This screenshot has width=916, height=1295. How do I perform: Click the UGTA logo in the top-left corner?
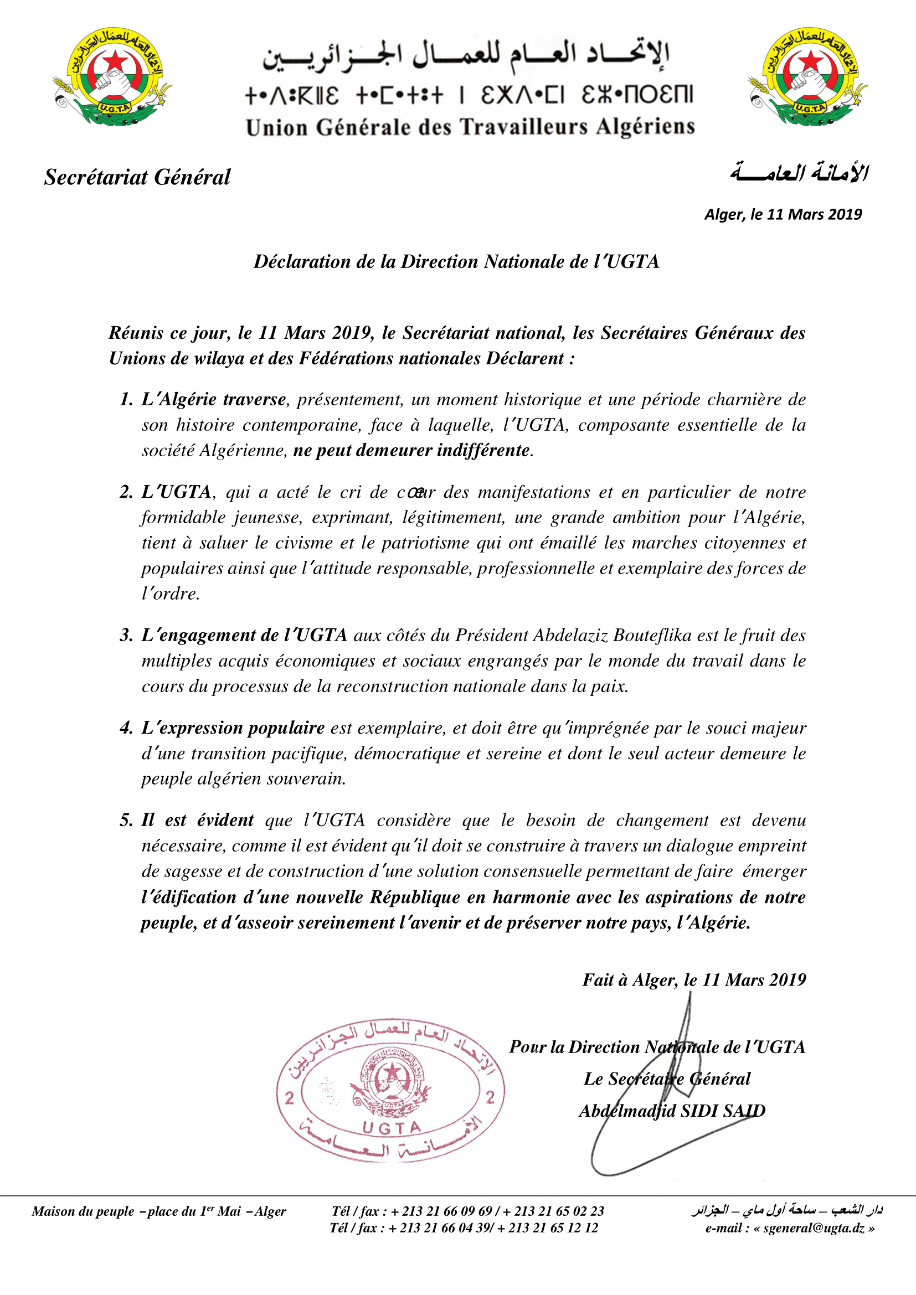[x=112, y=78]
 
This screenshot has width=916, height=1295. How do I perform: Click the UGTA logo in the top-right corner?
[x=807, y=78]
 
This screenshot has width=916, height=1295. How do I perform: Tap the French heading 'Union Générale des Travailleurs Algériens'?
[x=470, y=127]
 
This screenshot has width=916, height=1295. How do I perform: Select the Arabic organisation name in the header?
[x=466, y=57]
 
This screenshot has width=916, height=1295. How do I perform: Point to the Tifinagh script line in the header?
[x=469, y=95]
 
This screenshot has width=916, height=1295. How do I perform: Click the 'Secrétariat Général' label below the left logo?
[x=137, y=177]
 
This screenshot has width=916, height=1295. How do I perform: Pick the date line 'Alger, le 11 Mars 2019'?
[x=783, y=214]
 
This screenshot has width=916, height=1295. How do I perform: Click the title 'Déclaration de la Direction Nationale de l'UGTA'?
[x=456, y=262]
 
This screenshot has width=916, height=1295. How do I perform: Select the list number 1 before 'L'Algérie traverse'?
[x=126, y=399]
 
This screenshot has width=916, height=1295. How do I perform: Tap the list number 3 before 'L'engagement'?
[x=126, y=635]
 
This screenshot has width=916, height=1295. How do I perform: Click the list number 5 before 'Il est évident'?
[x=126, y=820]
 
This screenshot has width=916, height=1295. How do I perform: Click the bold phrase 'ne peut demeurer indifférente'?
[x=411, y=450]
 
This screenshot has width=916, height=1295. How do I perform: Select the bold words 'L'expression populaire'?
[x=233, y=728]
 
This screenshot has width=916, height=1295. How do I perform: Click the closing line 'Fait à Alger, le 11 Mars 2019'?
[x=694, y=980]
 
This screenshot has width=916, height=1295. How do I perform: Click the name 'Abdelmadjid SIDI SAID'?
[x=672, y=1111]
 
